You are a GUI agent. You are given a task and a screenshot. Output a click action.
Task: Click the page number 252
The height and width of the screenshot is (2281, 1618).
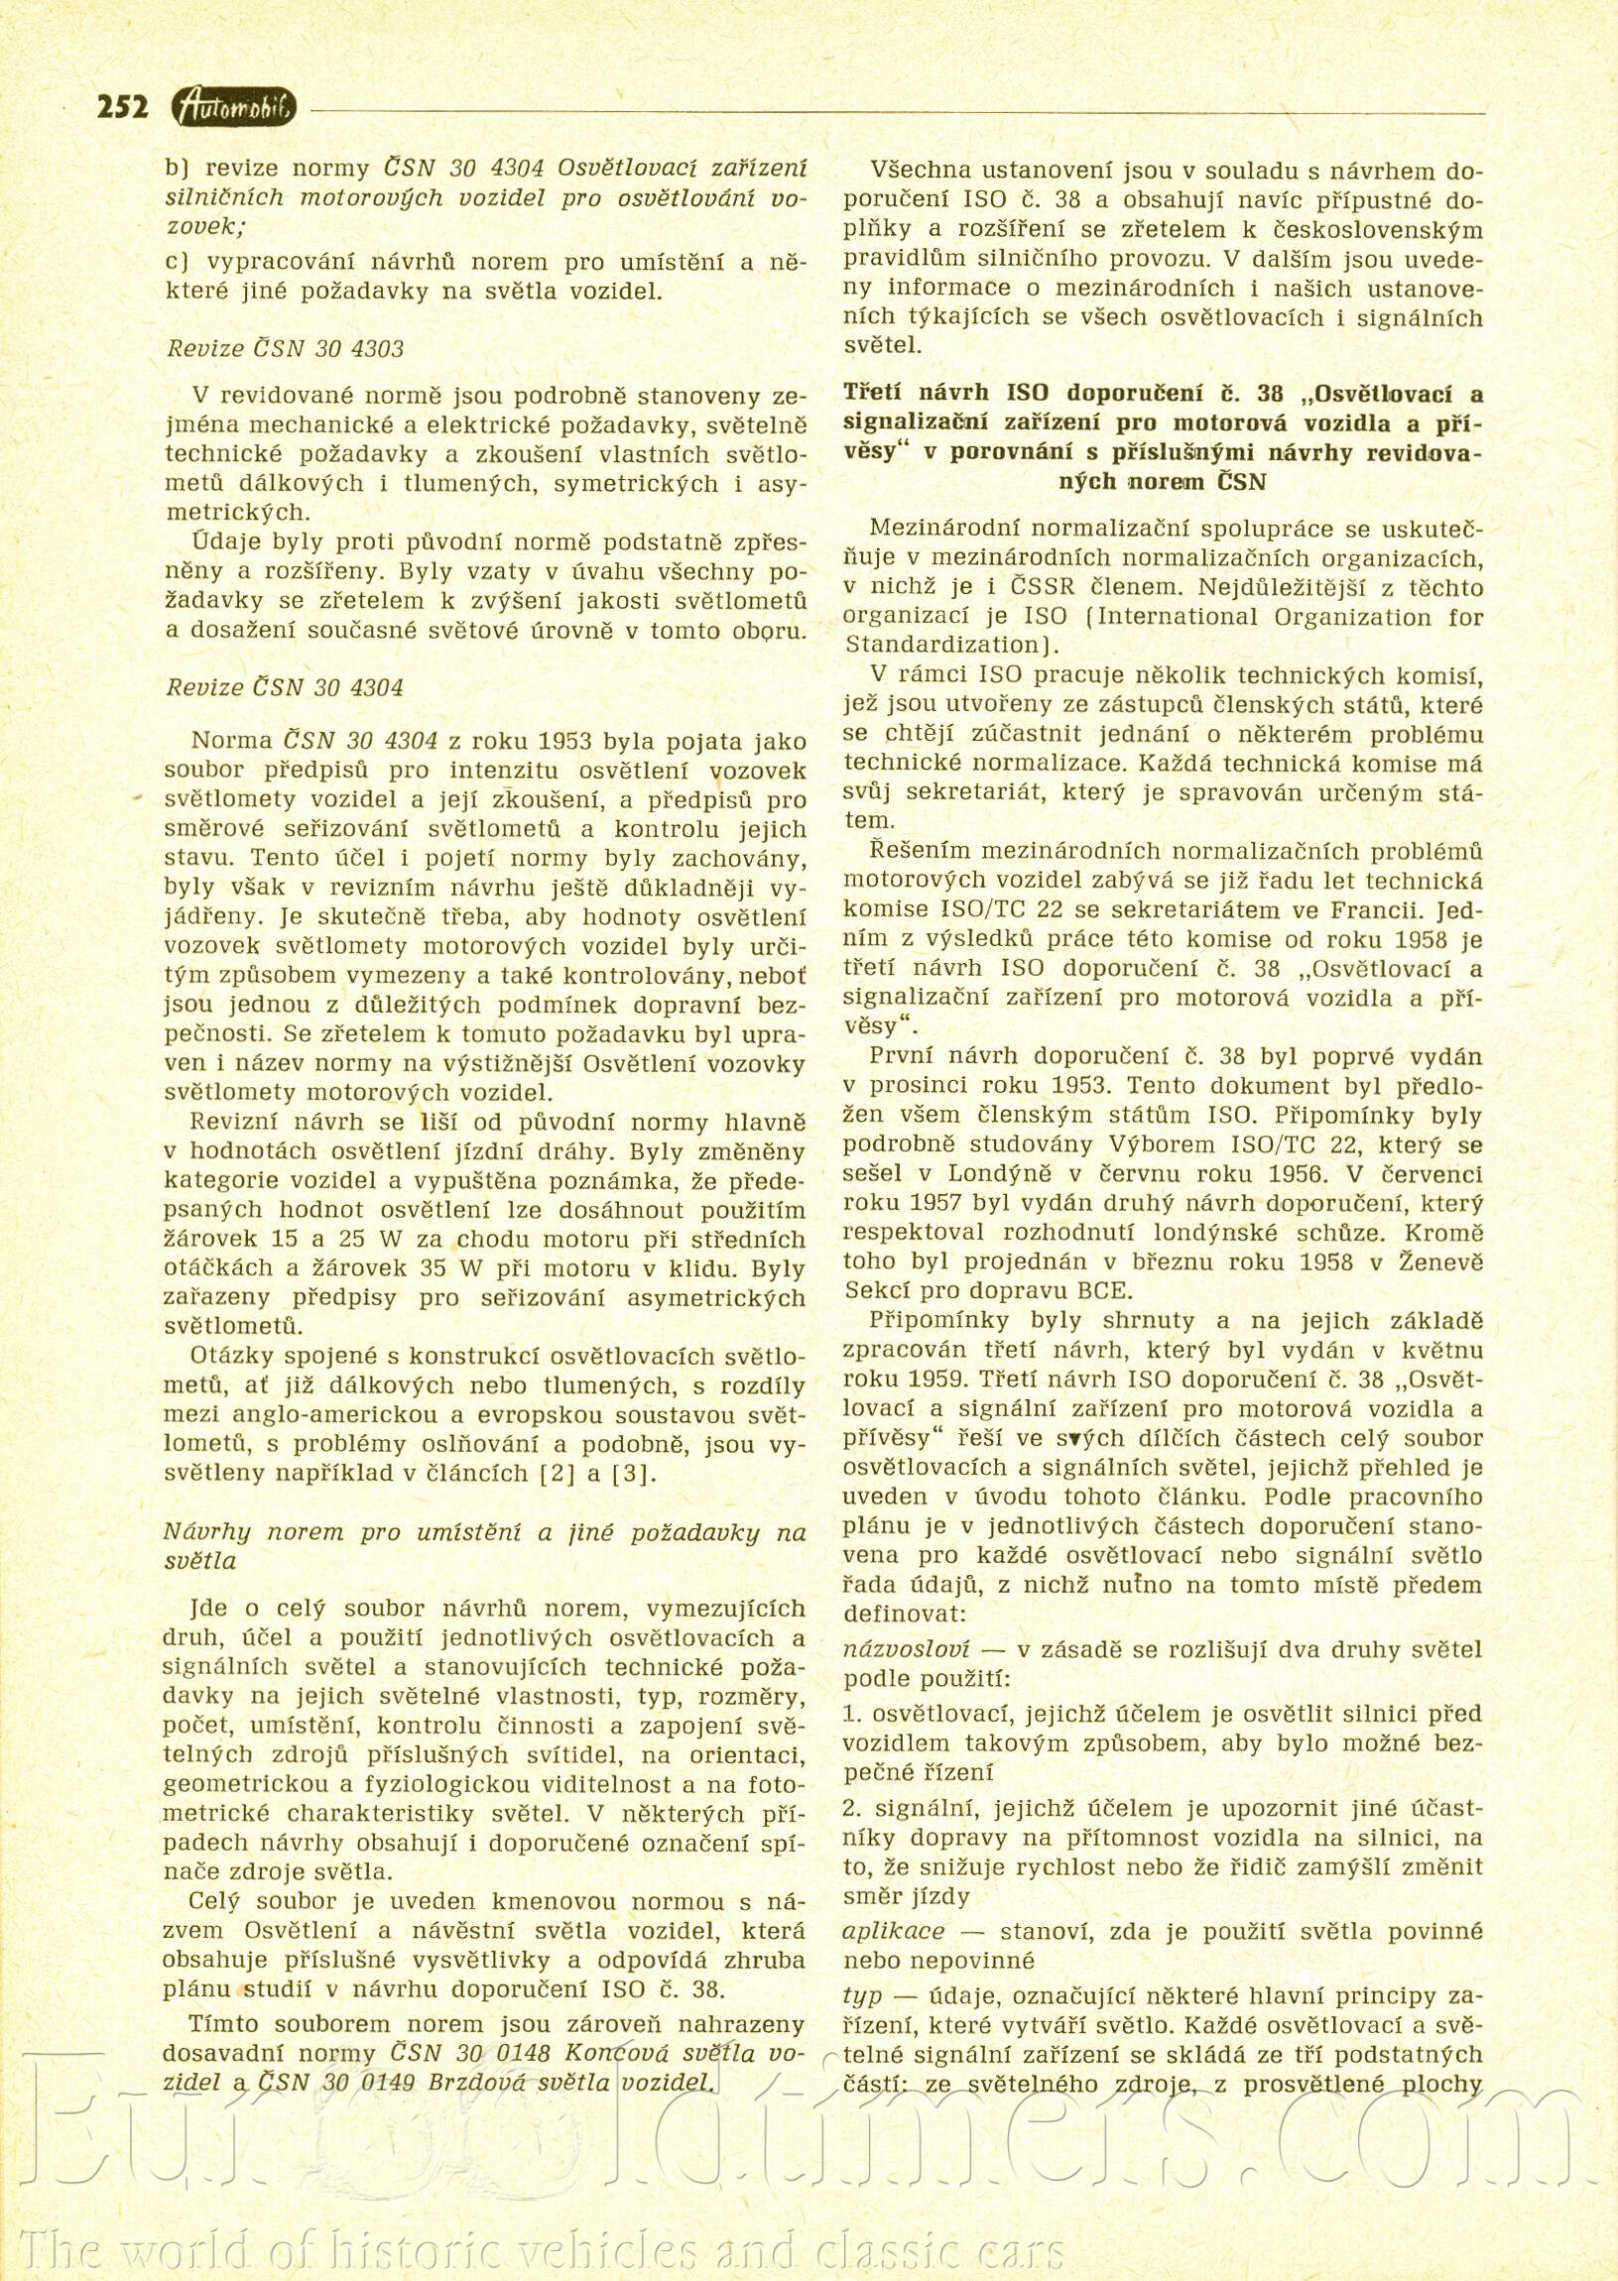click(123, 106)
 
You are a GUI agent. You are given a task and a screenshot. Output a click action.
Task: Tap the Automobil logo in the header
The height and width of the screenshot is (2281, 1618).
click(233, 107)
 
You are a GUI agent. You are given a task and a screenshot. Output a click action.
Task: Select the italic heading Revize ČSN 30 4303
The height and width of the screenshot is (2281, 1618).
click(284, 349)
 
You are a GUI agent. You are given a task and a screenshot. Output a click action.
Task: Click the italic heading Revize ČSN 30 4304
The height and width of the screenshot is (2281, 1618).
click(284, 687)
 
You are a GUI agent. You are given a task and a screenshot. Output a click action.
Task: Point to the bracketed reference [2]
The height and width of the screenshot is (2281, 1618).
click(555, 1474)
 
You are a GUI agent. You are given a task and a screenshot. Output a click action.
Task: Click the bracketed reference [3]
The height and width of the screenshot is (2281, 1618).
click(637, 1474)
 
